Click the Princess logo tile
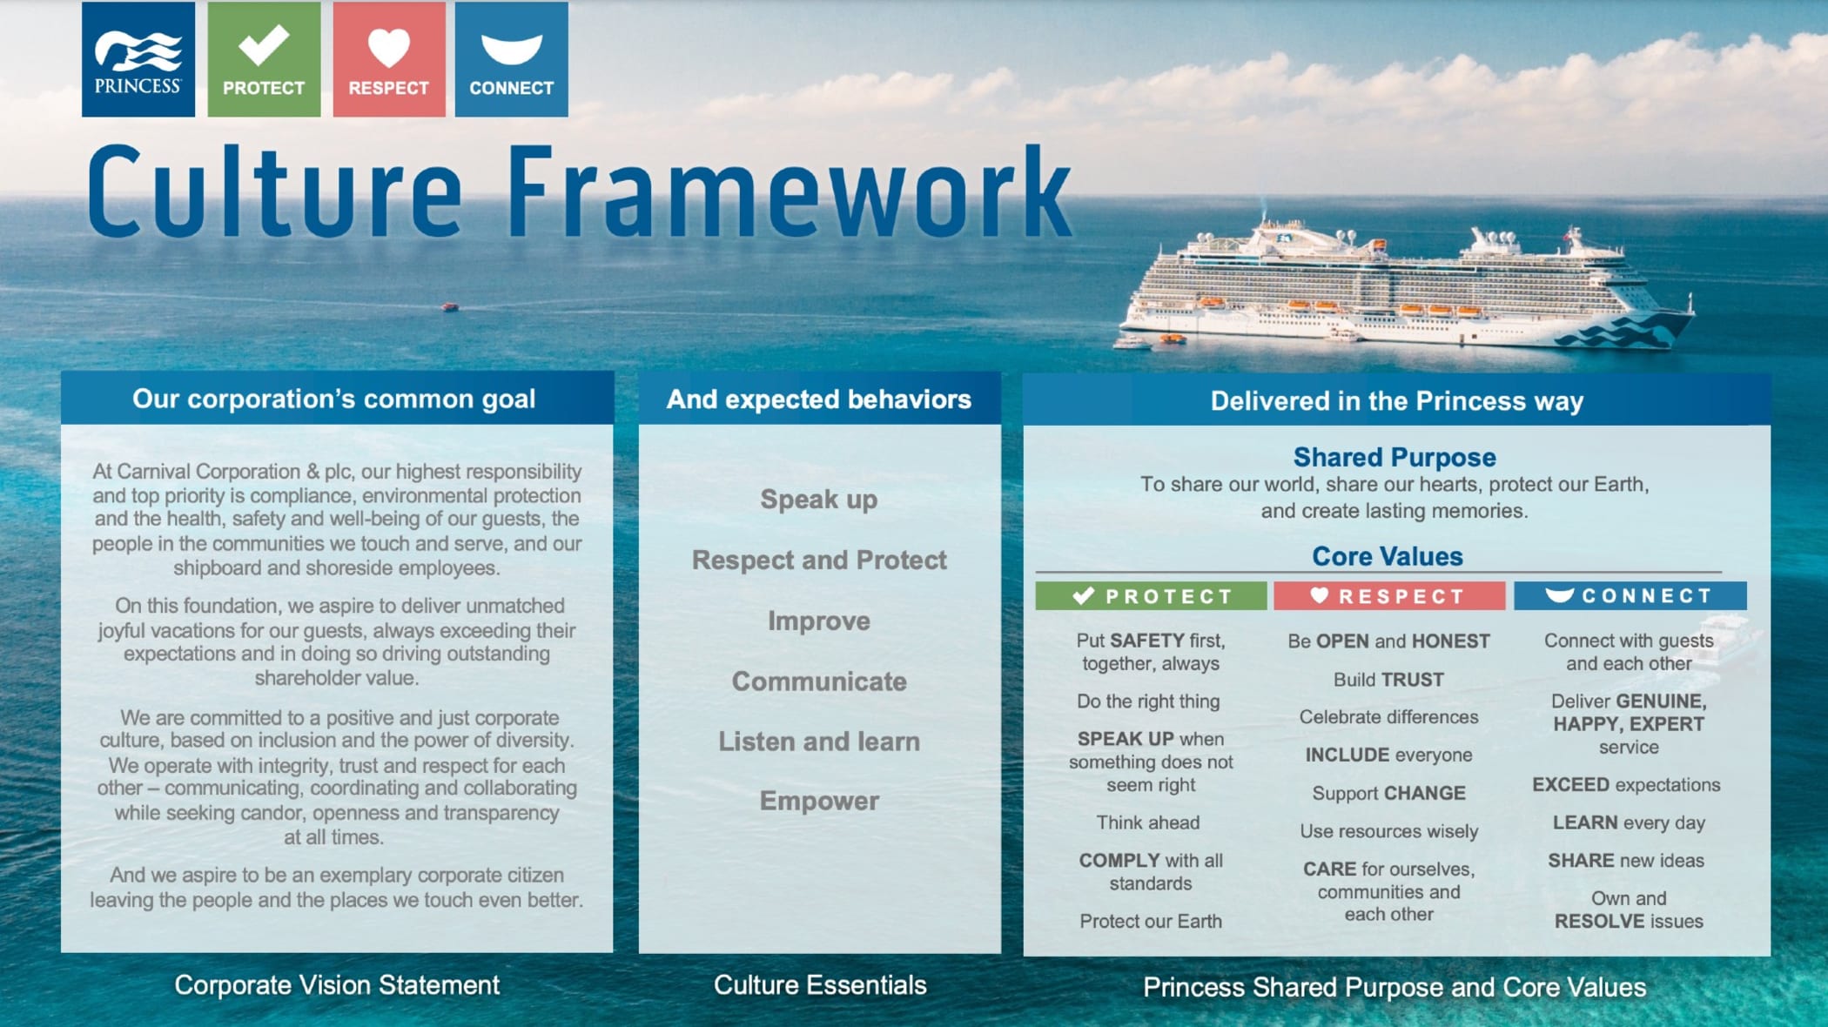[x=138, y=59]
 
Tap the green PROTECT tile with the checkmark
[x=264, y=59]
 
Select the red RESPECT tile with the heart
[x=389, y=59]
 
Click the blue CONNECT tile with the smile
[x=512, y=59]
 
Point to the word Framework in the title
[x=788, y=193]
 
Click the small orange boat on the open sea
[x=450, y=306]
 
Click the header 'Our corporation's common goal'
[x=334, y=399]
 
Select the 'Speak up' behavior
[x=819, y=500]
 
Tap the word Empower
[x=819, y=801]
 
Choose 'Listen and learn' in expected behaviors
[x=819, y=742]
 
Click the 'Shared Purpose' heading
[x=1395, y=457]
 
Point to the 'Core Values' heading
[x=1388, y=556]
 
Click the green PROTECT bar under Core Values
[x=1151, y=596]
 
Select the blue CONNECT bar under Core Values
[x=1630, y=596]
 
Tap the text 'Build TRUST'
[x=1388, y=680]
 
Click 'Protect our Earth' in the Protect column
[x=1151, y=921]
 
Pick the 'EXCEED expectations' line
[x=1626, y=785]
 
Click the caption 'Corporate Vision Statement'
[x=337, y=985]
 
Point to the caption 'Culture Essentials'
[x=820, y=985]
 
